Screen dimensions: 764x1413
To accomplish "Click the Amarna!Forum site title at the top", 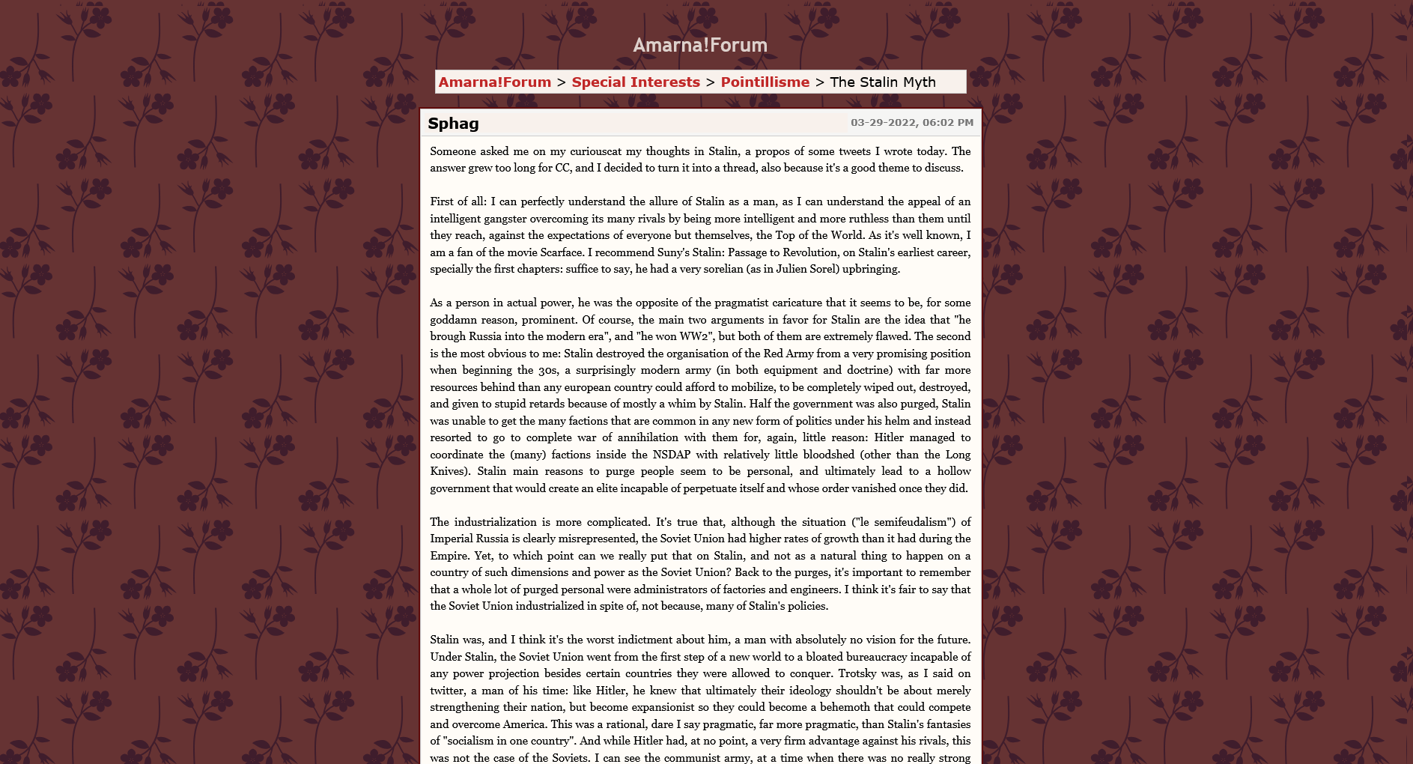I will coord(700,45).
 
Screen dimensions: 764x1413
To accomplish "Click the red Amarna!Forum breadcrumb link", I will coord(494,82).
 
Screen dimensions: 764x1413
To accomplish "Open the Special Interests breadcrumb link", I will coord(636,82).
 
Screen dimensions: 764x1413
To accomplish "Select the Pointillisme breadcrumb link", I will coord(765,82).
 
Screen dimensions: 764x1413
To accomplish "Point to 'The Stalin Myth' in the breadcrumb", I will coord(883,82).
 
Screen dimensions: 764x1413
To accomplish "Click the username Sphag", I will coord(453,124).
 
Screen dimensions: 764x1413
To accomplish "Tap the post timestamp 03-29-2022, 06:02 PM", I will coord(911,123).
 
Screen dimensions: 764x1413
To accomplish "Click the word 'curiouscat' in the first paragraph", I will coord(596,151).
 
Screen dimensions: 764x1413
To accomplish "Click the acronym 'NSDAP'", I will coord(671,455).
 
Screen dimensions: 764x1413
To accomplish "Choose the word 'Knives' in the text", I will coord(448,471).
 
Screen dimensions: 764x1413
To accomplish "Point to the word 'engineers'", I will coord(812,589).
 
